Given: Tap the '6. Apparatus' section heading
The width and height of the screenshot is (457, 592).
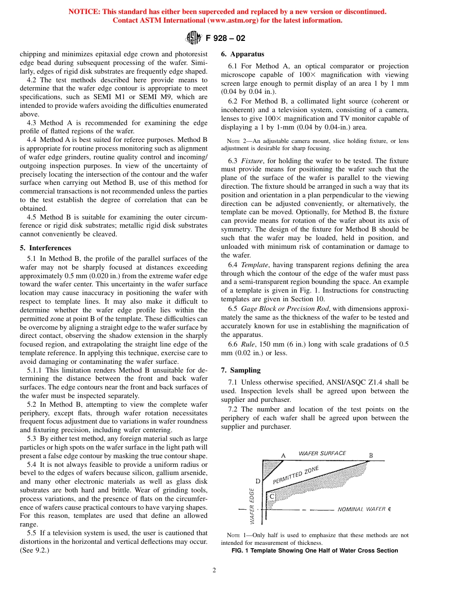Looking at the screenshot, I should (x=242, y=54).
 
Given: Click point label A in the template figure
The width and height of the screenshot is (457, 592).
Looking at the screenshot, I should (x=283, y=455).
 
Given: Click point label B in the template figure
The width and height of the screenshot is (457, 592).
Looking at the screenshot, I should (x=371, y=455).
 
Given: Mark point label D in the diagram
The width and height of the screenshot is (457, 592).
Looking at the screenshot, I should (x=258, y=481).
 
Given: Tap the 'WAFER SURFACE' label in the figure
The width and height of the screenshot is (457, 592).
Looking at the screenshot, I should (x=322, y=453).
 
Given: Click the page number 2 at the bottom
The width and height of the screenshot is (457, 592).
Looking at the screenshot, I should (x=215, y=570).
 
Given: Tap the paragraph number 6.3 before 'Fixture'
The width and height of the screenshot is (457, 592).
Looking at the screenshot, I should (x=233, y=160).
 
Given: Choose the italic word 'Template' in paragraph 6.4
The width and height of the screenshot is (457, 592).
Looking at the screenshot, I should (x=252, y=264).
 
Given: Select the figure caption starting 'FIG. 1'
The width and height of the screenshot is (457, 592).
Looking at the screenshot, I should (x=315, y=551).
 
